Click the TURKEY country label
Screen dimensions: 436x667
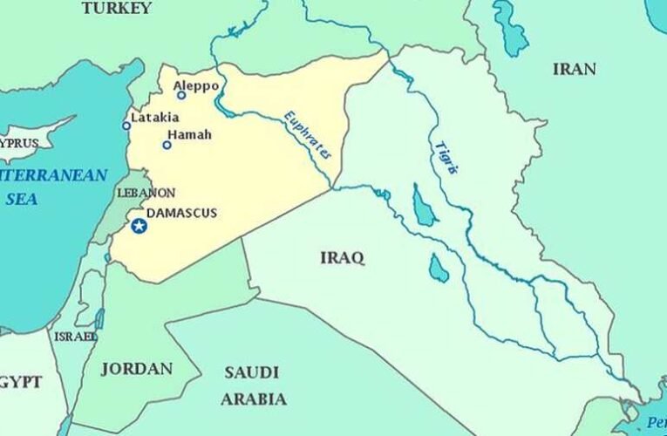116,8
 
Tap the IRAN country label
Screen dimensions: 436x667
575,69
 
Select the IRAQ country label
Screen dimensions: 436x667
342,257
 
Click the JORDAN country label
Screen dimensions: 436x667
136,369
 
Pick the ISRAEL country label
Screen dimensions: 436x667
75,337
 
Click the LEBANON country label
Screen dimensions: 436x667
146,193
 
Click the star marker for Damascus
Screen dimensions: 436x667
139,226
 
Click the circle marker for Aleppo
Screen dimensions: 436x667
181,95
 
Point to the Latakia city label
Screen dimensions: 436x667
154,118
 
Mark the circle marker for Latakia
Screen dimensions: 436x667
126,126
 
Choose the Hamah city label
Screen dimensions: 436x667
188,135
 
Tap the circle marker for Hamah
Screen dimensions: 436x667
167,145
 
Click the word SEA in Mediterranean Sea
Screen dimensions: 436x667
22,199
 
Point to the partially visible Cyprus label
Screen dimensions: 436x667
21,140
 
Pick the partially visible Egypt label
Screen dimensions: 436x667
19,383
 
